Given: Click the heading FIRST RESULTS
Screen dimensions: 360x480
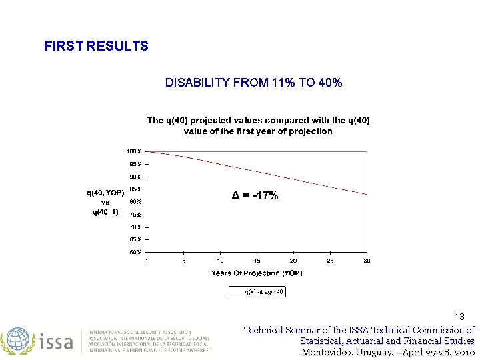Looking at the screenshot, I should [x=96, y=46].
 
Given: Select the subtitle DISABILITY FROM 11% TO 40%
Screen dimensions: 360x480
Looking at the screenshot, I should [x=253, y=83].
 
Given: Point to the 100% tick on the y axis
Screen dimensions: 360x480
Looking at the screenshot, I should [x=135, y=151].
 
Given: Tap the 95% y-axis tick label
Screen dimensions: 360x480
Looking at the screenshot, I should [x=135, y=164].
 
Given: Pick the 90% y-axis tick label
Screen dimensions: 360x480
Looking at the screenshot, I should [x=135, y=177].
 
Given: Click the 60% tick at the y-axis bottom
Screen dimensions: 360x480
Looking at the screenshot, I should [x=135, y=252].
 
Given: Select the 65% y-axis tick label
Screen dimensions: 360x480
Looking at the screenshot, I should [x=135, y=239].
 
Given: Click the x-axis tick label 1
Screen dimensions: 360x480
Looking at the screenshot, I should [x=147, y=261].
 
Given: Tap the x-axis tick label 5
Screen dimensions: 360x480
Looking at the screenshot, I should [x=183, y=261].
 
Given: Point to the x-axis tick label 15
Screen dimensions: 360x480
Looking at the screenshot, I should [x=257, y=261].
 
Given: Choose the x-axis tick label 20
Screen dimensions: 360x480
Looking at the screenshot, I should [x=293, y=261].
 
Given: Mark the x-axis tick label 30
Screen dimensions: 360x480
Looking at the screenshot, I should [x=366, y=261].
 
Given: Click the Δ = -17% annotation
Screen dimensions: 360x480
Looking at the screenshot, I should [x=255, y=195].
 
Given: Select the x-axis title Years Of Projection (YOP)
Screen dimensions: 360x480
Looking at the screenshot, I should [x=257, y=273].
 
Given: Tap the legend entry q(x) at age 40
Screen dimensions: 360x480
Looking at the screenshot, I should [x=257, y=292].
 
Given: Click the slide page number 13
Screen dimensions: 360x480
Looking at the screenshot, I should [x=459, y=317].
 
